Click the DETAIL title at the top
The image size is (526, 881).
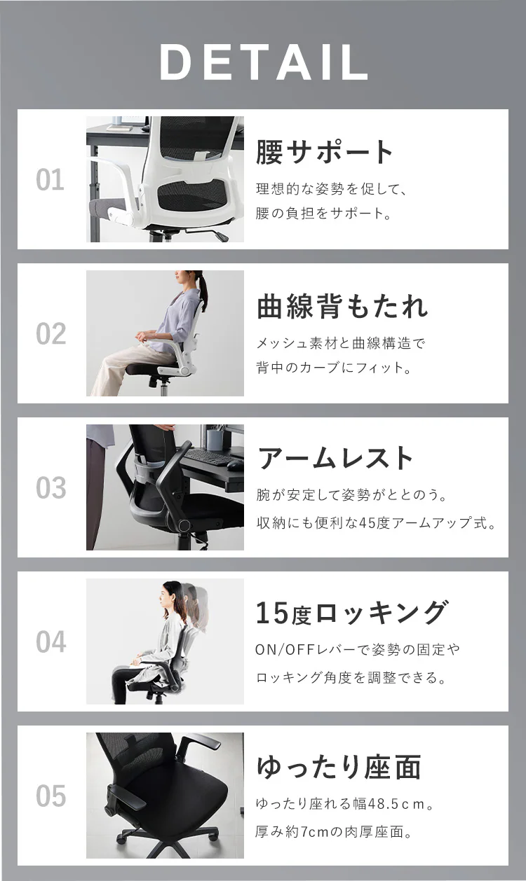pyautogui.click(x=263, y=63)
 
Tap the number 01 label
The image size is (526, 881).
pyautogui.click(x=50, y=180)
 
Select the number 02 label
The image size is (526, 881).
pyautogui.click(x=50, y=334)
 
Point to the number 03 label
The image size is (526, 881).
pyautogui.click(x=50, y=488)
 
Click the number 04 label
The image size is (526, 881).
pyautogui.click(x=50, y=642)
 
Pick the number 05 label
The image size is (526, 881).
pyautogui.click(x=50, y=796)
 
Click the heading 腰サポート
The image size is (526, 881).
pyautogui.click(x=325, y=152)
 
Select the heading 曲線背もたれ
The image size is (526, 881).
pyautogui.click(x=342, y=306)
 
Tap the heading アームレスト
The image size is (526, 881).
pyautogui.click(x=336, y=459)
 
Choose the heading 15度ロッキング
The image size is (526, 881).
pyautogui.click(x=351, y=613)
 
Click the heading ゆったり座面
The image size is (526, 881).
pyautogui.click(x=338, y=767)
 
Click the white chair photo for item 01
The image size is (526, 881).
pyautogui.click(x=165, y=179)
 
